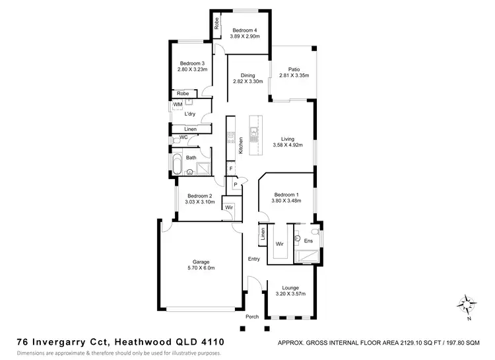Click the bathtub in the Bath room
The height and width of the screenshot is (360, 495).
(177, 164)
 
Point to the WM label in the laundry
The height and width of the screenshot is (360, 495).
(178, 105)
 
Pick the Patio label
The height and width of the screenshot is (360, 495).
(294, 69)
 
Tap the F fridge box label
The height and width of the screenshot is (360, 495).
(231, 170)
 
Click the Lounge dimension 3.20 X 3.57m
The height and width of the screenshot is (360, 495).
(291, 294)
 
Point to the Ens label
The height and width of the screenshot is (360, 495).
(308, 241)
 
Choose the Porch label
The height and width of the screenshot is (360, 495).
(252, 316)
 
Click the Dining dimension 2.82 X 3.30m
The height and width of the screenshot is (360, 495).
(248, 82)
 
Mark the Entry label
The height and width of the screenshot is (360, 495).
(253, 258)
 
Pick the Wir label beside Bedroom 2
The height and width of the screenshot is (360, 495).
(229, 207)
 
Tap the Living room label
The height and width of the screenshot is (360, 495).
(287, 139)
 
